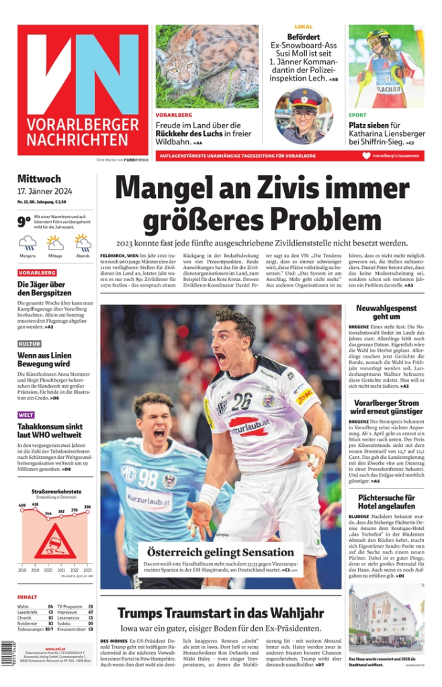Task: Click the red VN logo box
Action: pyautogui.click(x=83, y=90)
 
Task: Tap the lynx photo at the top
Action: pyautogui.click(x=207, y=66)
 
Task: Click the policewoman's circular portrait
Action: pyautogui.click(x=304, y=115)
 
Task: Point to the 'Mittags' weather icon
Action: pyautogui.click(x=55, y=243)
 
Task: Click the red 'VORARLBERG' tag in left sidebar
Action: pyautogui.click(x=37, y=273)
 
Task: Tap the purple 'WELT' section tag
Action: pyautogui.click(x=26, y=415)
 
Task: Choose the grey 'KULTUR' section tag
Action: pyautogui.click(x=30, y=344)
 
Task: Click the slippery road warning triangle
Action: pyautogui.click(x=54, y=541)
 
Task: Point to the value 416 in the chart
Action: pyautogui.click(x=35, y=504)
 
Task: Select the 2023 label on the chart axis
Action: pyautogui.click(x=87, y=570)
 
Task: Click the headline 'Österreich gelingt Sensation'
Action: pyautogui.click(x=220, y=553)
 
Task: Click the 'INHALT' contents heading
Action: pyautogui.click(x=28, y=596)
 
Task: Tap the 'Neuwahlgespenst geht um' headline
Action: pyautogui.click(x=386, y=312)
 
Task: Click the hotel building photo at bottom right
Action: pyautogui.click(x=386, y=619)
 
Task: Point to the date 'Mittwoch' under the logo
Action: pyautogui.click(x=39, y=179)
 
